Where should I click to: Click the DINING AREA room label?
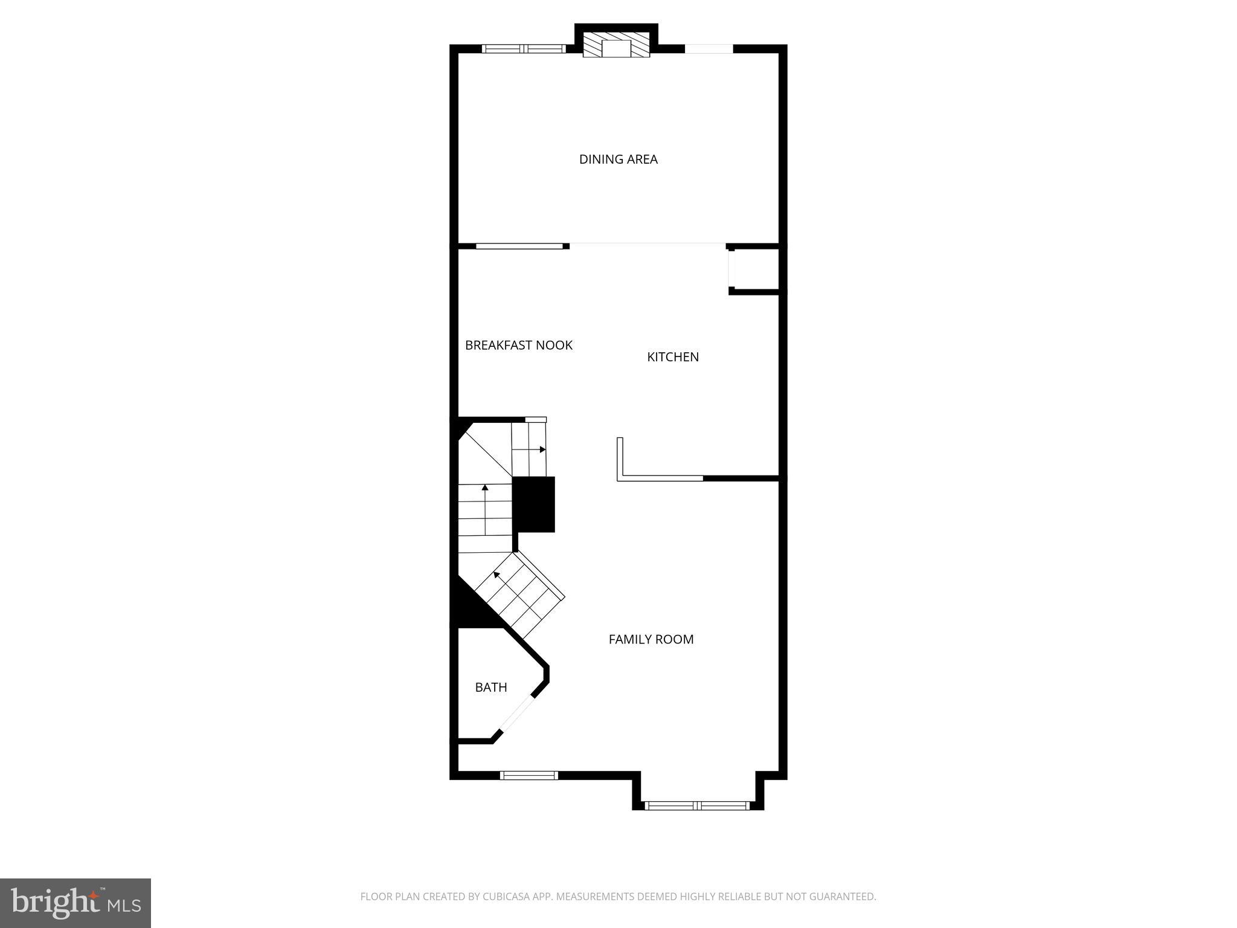click(x=618, y=159)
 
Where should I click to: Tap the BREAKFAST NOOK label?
click(x=518, y=346)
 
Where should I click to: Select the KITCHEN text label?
click(x=673, y=357)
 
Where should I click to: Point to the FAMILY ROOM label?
click(x=651, y=639)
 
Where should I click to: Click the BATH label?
click(x=490, y=688)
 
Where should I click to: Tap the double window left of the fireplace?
click(x=524, y=49)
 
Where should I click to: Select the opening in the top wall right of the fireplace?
click(x=708, y=49)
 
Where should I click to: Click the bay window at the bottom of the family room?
click(x=698, y=805)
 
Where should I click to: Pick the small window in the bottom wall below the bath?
click(x=529, y=776)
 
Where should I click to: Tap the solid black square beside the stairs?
click(x=534, y=504)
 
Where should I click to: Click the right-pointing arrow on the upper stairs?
click(x=542, y=449)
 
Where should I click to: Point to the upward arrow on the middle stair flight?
click(x=485, y=487)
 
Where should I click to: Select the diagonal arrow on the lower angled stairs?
click(x=496, y=574)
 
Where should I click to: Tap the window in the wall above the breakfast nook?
click(x=519, y=246)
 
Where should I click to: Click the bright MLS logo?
click(x=76, y=903)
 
